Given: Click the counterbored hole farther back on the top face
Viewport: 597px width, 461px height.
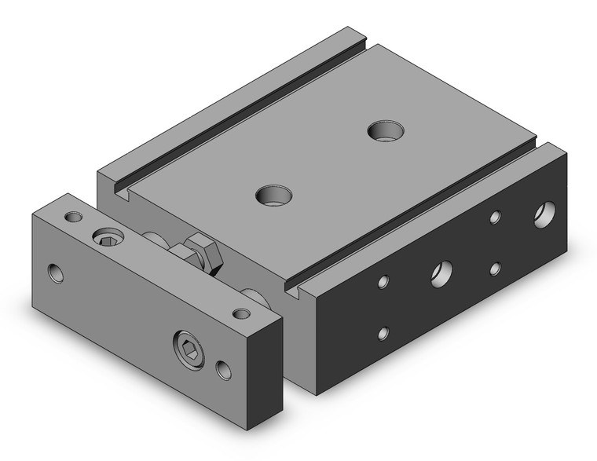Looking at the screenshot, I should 384,130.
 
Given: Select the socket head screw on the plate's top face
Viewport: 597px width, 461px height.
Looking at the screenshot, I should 106,236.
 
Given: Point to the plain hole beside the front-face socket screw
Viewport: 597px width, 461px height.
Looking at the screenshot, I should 225,367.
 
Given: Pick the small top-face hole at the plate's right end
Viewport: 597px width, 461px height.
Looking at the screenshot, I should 242,313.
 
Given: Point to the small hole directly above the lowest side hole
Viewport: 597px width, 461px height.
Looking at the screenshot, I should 383,280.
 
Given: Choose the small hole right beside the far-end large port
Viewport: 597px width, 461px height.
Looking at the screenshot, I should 495,218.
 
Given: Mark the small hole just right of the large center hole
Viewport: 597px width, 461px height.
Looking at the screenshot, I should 495,269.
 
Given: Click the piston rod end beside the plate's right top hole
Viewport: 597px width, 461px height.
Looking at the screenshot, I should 255,296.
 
